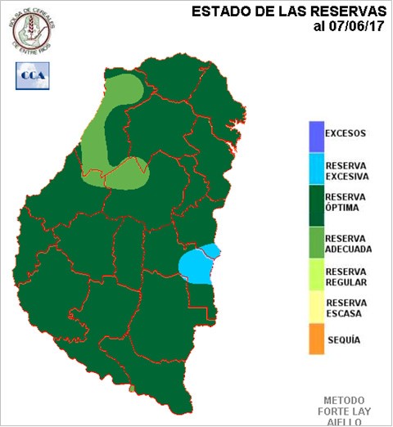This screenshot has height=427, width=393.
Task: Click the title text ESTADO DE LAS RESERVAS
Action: point(289,11)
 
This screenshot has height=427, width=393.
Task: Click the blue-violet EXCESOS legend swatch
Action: point(314,133)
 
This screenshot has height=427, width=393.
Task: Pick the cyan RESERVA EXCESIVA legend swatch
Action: point(314,169)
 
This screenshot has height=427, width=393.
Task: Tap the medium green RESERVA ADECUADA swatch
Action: point(314,240)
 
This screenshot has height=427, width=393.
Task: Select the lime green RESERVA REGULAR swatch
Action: point(314,276)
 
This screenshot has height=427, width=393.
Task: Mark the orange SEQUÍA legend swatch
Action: point(314,339)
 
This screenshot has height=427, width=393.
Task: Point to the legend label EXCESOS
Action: point(346,133)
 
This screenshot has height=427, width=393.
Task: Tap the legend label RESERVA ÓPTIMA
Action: point(346,203)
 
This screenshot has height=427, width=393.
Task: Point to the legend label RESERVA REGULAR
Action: point(346,276)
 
